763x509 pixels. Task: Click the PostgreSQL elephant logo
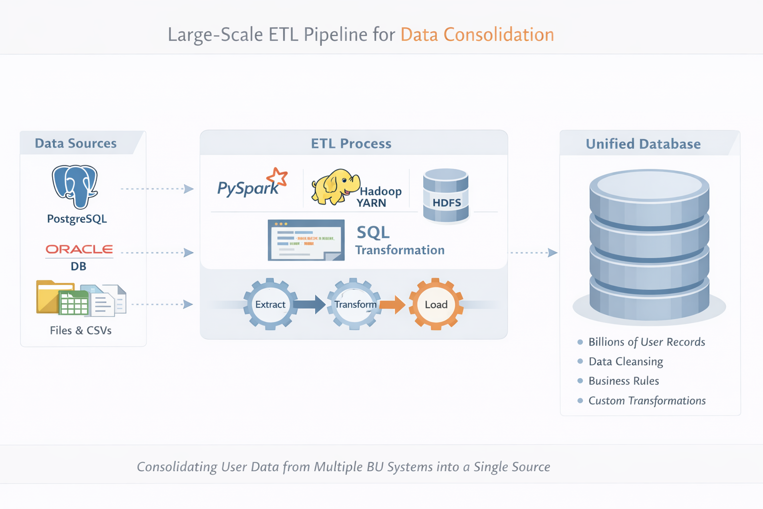(75, 186)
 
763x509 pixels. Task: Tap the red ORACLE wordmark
(79, 249)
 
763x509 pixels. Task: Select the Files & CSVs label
(80, 331)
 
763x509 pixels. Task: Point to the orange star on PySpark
(277, 177)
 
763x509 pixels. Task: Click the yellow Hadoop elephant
(334, 187)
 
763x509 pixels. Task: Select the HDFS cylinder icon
(446, 195)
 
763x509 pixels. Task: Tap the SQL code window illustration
(306, 240)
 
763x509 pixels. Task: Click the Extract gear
(270, 304)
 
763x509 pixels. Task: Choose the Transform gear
(355, 304)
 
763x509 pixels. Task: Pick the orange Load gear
(436, 304)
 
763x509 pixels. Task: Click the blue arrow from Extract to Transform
(309, 304)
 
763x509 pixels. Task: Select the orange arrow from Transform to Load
(392, 304)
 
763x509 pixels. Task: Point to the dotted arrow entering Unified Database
(533, 253)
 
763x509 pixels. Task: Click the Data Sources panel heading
(76, 143)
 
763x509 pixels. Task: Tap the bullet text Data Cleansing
(625, 361)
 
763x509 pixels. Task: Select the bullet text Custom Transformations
(647, 401)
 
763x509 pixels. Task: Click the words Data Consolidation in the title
(477, 35)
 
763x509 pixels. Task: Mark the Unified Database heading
(643, 144)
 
